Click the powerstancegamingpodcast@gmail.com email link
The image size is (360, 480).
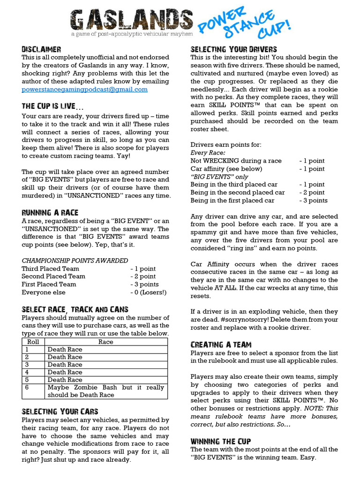(x=84, y=89)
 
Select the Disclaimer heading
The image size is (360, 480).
(x=41, y=49)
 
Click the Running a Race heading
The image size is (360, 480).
(x=50, y=212)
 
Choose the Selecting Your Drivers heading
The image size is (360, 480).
(x=233, y=49)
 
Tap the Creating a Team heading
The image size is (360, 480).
(x=221, y=345)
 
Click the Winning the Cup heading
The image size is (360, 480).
(x=220, y=441)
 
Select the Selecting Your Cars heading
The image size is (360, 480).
(x=60, y=411)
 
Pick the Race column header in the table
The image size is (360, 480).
(x=105, y=342)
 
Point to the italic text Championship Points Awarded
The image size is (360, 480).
(x=75, y=261)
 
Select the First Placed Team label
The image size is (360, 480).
(x=49, y=285)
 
